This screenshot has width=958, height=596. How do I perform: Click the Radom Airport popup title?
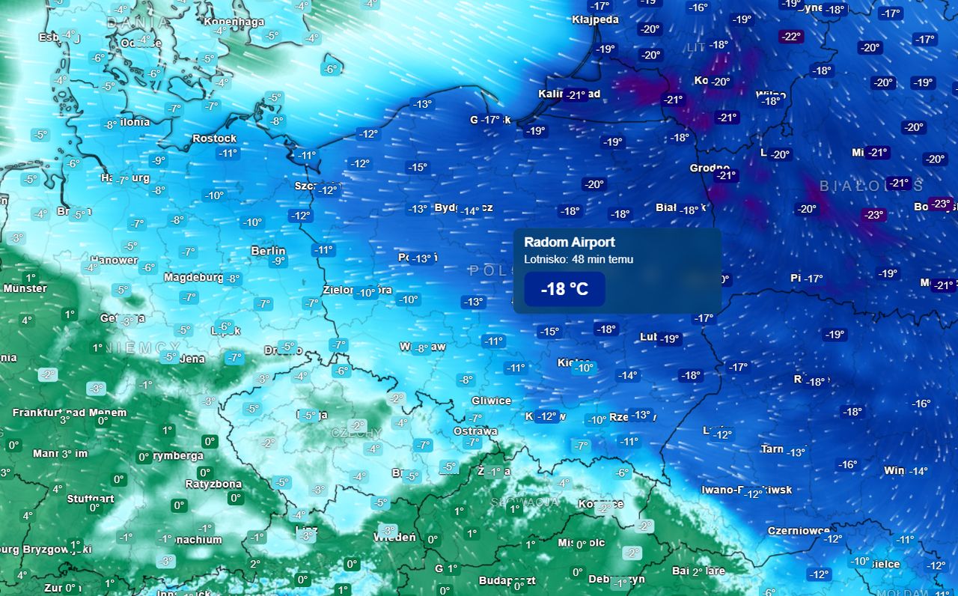tap(570, 243)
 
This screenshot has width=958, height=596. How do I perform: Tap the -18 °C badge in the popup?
tap(564, 289)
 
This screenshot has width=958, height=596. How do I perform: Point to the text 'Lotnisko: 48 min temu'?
tap(579, 260)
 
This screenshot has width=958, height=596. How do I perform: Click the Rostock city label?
tap(214, 139)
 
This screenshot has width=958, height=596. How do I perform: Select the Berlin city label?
tap(268, 251)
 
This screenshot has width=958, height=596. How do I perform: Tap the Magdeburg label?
tap(193, 278)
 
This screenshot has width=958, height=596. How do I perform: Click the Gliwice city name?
tap(491, 401)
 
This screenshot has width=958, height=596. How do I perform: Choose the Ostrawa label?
tap(475, 431)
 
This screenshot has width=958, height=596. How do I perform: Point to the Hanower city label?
tap(114, 261)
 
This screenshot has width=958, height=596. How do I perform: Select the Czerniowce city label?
tap(799, 531)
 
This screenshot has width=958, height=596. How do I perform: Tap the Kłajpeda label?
tap(595, 19)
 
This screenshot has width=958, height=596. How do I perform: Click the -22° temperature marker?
tap(790, 36)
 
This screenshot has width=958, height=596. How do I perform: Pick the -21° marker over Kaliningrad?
tap(576, 94)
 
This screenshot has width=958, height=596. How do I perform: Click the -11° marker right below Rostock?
tap(228, 153)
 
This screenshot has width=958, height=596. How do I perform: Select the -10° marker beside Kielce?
tap(583, 368)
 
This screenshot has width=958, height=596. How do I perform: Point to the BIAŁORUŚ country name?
tap(871, 186)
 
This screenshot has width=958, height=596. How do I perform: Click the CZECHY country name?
tap(356, 434)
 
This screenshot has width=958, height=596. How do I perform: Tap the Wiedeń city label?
tap(394, 537)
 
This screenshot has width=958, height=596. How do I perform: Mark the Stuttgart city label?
tap(91, 499)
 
